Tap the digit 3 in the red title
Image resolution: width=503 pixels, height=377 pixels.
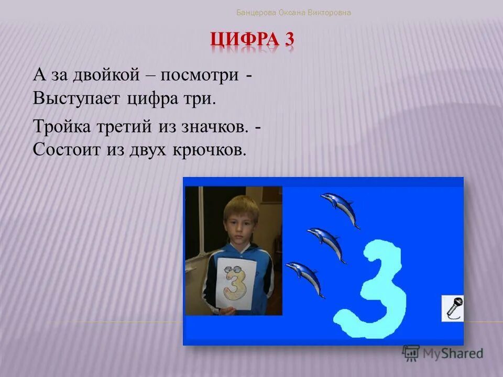tap(289, 40)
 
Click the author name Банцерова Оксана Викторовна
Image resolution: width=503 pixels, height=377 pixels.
tap(293, 12)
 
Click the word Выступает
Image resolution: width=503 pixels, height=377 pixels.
tap(76, 98)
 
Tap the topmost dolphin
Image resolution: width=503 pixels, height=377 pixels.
tap(341, 208)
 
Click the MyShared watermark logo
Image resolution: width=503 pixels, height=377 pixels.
tap(443, 353)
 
